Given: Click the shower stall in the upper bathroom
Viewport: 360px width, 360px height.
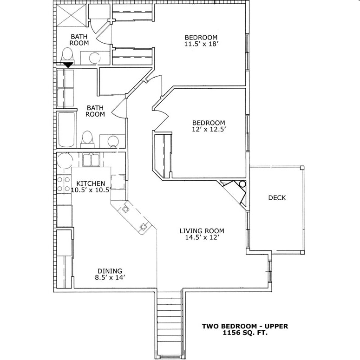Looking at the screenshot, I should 70,17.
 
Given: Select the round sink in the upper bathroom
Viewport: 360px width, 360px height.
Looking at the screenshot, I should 95,58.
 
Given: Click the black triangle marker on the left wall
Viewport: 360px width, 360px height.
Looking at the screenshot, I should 68,65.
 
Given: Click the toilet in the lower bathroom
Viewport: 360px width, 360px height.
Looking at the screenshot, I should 87,138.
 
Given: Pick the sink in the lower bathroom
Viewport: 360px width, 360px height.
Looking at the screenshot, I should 112,141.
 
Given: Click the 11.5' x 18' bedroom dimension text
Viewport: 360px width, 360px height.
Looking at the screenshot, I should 201,45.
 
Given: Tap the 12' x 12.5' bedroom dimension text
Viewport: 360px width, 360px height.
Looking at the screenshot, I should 209,130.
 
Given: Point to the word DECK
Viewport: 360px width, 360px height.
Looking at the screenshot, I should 277,198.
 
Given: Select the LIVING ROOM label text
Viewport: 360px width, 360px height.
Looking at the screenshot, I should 202,231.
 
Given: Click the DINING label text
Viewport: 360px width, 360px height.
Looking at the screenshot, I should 110,271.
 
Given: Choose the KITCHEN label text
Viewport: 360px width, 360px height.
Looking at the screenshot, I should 91,183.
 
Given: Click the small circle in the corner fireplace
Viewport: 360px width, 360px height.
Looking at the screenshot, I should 242,184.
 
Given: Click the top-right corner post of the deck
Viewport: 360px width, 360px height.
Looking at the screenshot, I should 302,168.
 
